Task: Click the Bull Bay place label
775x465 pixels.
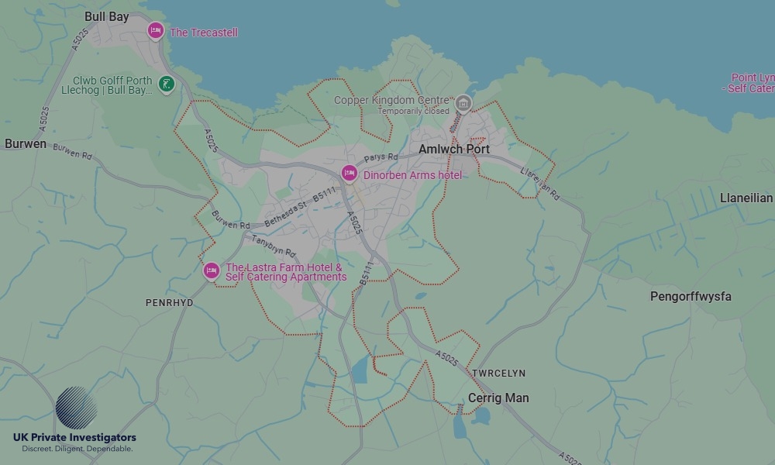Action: click(x=107, y=16)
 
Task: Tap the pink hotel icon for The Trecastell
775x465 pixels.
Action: click(x=156, y=31)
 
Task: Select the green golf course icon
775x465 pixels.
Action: click(x=165, y=84)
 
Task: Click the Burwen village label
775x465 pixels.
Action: click(x=26, y=144)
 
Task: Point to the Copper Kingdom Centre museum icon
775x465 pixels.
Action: click(x=463, y=103)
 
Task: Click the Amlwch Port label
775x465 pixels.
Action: click(x=454, y=149)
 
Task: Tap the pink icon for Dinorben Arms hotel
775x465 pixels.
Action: click(x=349, y=174)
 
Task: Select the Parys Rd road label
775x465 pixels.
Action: click(x=381, y=157)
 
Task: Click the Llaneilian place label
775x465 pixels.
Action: click(x=746, y=198)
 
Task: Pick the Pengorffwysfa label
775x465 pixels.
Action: click(x=691, y=297)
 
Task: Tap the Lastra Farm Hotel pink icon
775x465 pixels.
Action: click(x=211, y=271)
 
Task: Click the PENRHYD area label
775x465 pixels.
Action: click(x=169, y=303)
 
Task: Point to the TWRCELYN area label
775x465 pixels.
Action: click(x=498, y=374)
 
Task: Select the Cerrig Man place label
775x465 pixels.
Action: click(x=498, y=398)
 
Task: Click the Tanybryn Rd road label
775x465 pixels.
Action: click(x=274, y=246)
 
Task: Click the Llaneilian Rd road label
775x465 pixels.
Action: click(x=540, y=184)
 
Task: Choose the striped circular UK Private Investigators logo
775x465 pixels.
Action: click(x=76, y=408)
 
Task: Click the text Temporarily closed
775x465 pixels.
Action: click(x=413, y=112)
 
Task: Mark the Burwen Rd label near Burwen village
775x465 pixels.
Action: click(x=73, y=152)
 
